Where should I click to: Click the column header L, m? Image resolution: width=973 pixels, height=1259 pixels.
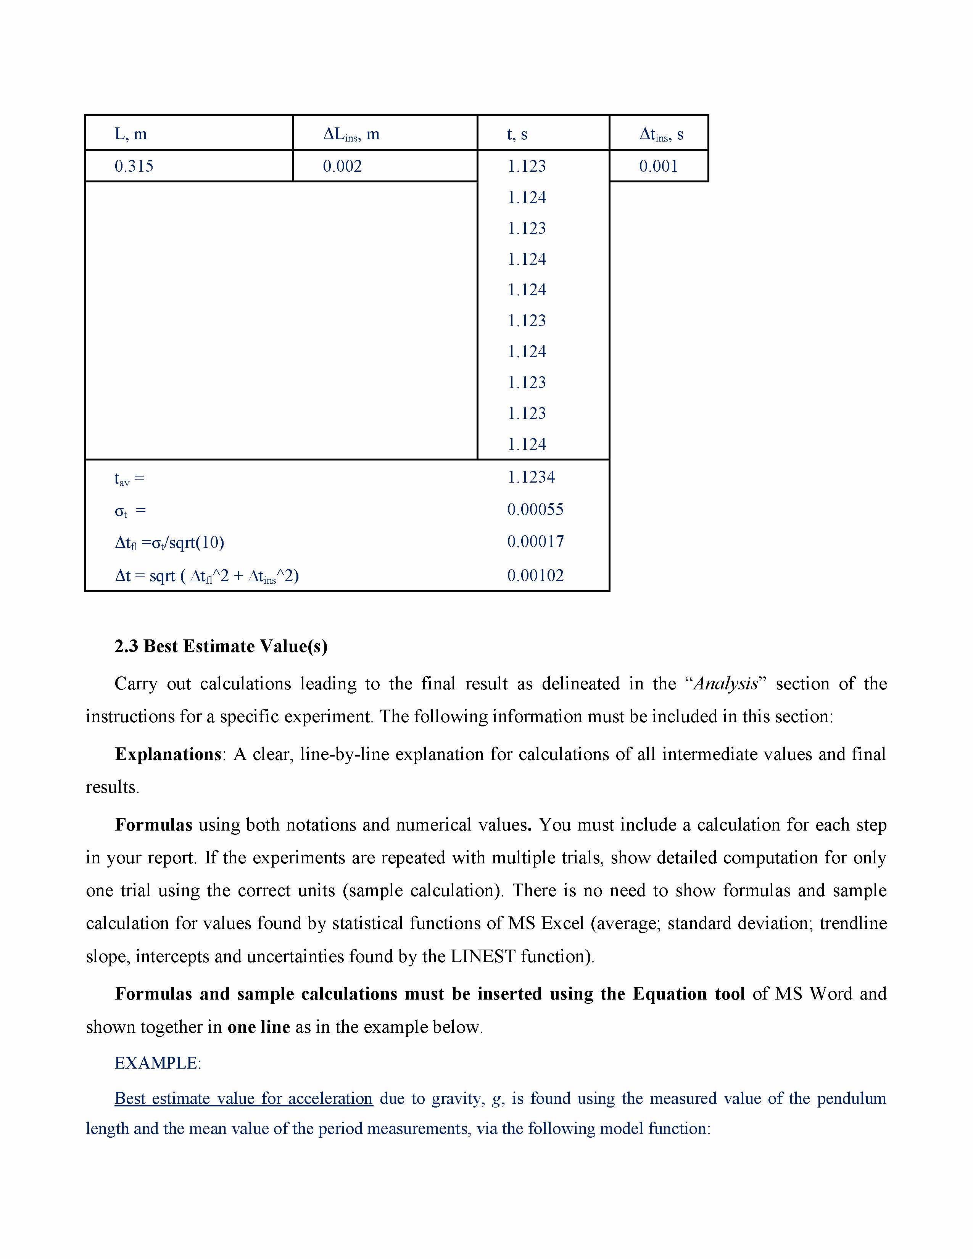(131, 134)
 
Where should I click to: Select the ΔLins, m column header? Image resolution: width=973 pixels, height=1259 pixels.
(351, 134)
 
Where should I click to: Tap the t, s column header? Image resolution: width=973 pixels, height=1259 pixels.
(517, 134)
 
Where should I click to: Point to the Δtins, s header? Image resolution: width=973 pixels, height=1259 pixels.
(661, 134)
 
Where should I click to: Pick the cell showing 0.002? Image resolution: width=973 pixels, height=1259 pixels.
(342, 166)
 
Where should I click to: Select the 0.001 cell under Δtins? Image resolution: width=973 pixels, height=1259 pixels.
(658, 166)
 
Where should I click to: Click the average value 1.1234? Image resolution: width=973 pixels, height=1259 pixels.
(531, 477)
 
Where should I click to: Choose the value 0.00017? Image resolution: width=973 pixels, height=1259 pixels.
(535, 541)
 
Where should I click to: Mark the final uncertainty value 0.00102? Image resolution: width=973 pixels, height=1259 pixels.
(535, 575)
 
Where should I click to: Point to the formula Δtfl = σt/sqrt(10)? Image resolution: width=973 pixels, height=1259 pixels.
(169, 543)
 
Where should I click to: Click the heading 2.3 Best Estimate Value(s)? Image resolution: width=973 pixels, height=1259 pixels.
(221, 646)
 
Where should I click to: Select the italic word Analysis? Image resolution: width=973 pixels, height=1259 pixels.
(726, 684)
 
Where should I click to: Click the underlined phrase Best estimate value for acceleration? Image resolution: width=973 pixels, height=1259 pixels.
(243, 1099)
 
